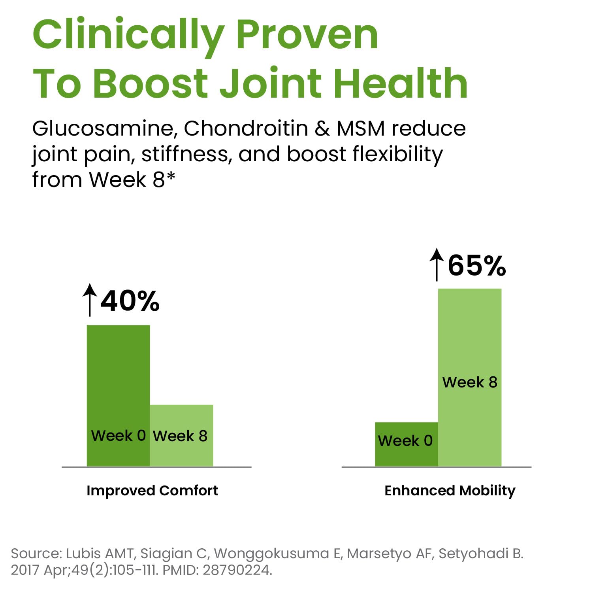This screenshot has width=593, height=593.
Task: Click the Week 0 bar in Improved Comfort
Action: click(118, 395)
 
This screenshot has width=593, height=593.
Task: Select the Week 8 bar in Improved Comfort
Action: click(181, 435)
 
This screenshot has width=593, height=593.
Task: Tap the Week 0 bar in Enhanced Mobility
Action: click(407, 444)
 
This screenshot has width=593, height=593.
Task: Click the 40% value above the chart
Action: click(130, 301)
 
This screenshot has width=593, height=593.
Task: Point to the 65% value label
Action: click(477, 265)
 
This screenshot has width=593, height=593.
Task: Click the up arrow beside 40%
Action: click(90, 300)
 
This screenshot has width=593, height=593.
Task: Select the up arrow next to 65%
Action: click(437, 264)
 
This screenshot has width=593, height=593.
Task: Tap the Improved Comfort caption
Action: click(152, 491)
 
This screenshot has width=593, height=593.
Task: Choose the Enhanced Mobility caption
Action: click(450, 491)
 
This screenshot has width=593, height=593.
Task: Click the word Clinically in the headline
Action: click(128, 36)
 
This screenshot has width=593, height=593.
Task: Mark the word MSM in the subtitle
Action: click(360, 128)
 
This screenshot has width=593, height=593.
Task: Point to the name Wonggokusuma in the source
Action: click(271, 553)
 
